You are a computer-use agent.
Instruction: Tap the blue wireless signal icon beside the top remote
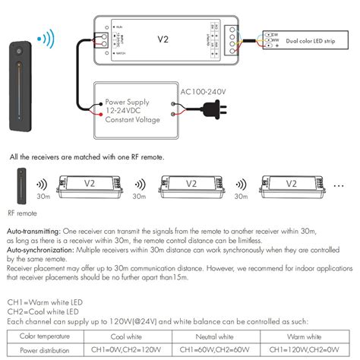click(48, 38)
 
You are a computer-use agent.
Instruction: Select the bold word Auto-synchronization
click(38, 248)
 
